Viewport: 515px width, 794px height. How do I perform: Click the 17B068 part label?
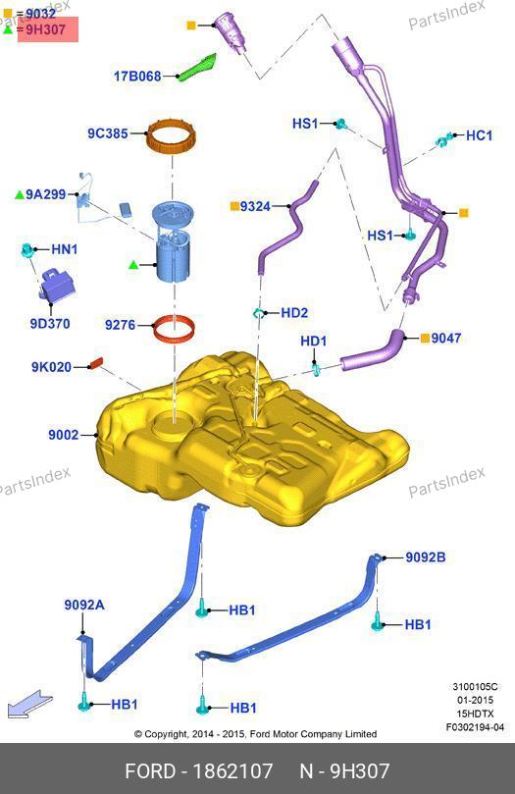coord(137,77)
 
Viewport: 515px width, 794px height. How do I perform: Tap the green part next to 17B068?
coord(198,67)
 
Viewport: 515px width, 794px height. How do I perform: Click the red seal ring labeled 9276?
coord(174,329)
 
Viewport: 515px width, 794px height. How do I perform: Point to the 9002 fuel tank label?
coord(63,435)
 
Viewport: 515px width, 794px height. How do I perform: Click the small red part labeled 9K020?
coord(96,363)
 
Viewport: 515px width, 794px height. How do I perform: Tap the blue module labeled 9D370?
coord(57,286)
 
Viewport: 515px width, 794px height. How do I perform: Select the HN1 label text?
coord(64,249)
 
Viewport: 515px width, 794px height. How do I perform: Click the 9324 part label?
coord(255,206)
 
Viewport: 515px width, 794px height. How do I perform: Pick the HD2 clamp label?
coord(294,312)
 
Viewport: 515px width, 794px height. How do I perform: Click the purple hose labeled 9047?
coord(373,349)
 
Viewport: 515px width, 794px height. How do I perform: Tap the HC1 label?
coord(479,135)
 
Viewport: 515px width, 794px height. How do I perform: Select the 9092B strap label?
coord(426,557)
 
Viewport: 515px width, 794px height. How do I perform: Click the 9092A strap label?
coord(84,605)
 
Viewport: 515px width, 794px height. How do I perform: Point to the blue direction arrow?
coord(29,704)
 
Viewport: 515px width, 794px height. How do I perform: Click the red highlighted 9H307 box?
coord(48,29)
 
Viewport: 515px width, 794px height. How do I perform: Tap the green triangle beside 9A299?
coord(20,194)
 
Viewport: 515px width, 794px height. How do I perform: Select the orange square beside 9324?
coord(234,206)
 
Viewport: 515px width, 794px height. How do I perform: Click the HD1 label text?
coord(314,341)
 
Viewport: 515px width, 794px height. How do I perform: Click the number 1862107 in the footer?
coord(232,771)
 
